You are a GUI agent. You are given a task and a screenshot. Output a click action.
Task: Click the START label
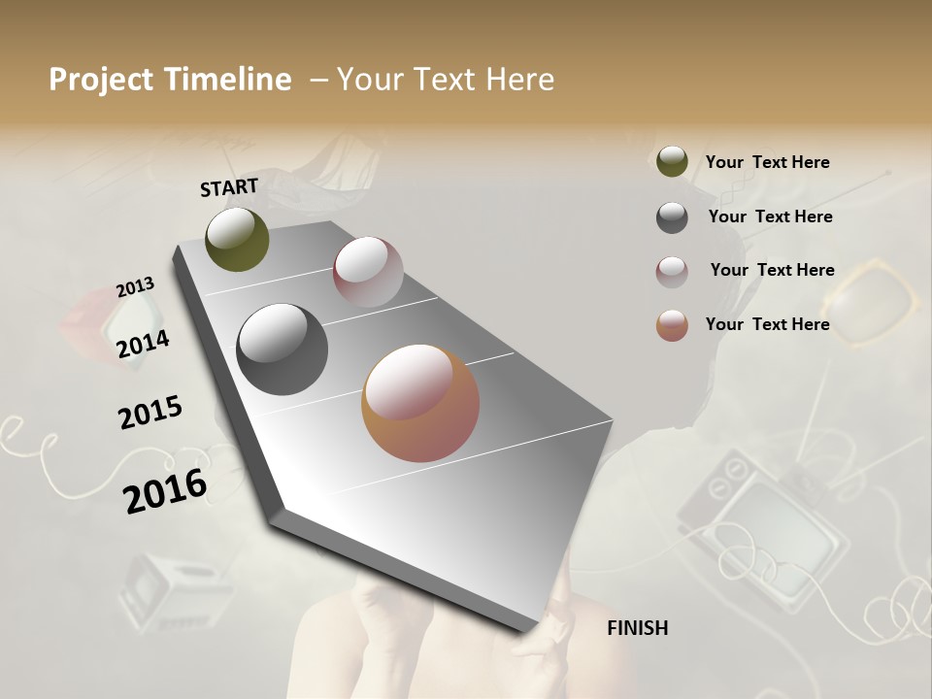[229, 187]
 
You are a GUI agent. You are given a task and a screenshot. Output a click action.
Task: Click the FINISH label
[637, 628]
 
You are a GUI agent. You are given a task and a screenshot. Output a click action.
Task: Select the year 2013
[135, 287]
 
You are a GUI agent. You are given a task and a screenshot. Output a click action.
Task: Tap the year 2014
[143, 344]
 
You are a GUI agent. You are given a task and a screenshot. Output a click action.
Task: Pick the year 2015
[150, 413]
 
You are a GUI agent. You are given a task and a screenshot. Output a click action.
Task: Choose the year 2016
[165, 491]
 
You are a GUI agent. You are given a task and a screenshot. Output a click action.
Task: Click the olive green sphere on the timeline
[238, 239]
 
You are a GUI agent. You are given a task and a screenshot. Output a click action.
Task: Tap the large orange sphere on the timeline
[420, 403]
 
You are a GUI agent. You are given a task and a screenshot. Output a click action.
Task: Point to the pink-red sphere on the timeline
[368, 272]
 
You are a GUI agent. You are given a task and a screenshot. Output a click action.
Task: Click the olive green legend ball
[672, 161]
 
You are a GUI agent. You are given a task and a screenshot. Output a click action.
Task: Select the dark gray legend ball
[672, 217]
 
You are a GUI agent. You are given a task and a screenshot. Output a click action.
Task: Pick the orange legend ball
[672, 325]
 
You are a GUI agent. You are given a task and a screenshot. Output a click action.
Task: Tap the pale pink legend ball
[672, 272]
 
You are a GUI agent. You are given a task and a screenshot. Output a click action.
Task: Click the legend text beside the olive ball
[767, 162]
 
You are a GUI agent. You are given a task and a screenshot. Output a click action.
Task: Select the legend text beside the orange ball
[767, 324]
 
